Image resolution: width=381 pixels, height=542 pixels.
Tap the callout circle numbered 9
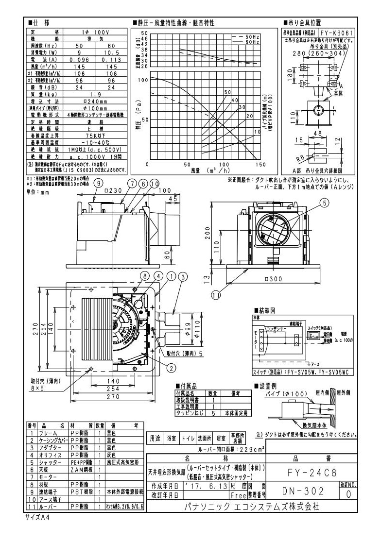click(99, 184)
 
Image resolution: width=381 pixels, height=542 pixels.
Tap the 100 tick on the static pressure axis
click(142, 79)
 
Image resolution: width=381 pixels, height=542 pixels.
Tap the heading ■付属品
click(187, 386)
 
